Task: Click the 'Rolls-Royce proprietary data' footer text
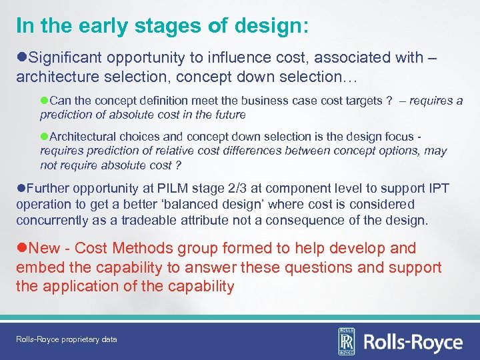(67, 339)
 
